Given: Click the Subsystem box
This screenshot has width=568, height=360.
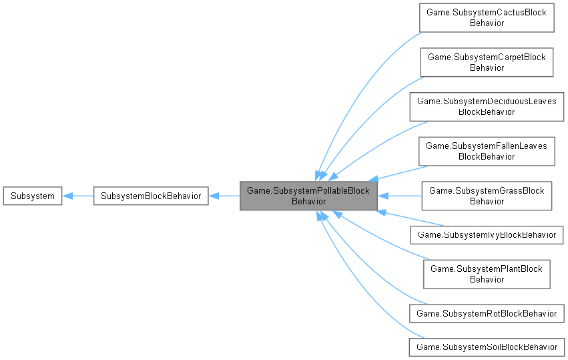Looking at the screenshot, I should pos(33,196).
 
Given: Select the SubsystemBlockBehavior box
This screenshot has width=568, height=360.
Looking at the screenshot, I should pos(151,196).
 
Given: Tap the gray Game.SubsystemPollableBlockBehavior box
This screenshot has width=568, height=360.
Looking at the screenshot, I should pos(308,196).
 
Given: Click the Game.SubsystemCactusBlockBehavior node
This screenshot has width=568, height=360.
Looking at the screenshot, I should pos(487,18).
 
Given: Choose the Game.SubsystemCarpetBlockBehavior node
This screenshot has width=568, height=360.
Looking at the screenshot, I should pos(487,62).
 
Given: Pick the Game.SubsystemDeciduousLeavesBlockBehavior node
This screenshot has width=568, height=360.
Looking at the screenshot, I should pos(487,106).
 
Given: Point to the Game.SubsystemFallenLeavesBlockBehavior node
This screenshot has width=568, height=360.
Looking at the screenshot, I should pos(487,151).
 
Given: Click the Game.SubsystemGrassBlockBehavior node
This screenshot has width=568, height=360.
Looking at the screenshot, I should pos(487,196).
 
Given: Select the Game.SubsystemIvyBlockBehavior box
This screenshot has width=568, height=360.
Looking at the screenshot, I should pos(487,234).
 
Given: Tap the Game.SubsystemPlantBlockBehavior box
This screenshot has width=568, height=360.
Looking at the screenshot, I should pos(487,274).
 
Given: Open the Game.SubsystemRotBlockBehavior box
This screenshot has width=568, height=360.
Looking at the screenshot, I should pos(487,313).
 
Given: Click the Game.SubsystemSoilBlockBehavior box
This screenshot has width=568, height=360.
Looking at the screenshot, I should pos(487,347).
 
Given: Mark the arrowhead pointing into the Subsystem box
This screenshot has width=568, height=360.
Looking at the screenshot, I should pos(67,196).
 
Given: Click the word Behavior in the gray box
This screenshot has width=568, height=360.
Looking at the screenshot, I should pos(308,201).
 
